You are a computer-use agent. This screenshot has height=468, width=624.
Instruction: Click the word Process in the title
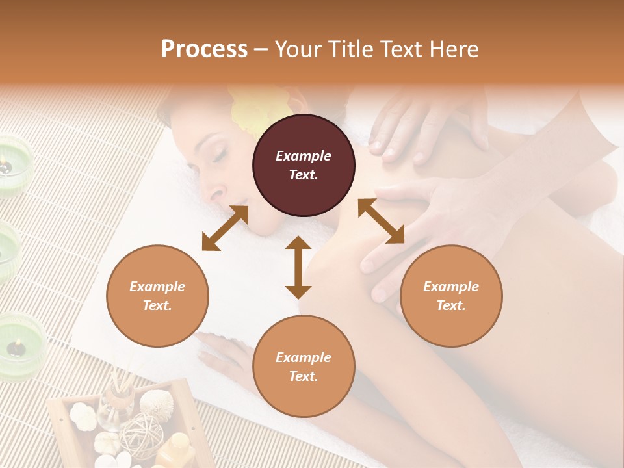204,49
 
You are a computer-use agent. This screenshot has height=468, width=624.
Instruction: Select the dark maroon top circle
304,165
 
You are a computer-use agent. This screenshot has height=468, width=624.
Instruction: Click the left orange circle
157,296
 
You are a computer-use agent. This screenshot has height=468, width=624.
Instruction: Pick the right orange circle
451,296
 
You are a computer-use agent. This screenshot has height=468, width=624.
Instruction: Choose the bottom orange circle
304,367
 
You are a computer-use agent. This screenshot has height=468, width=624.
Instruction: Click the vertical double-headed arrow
298,267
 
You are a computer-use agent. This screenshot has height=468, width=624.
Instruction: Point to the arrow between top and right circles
381,221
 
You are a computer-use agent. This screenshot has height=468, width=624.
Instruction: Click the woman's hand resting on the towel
221,354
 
